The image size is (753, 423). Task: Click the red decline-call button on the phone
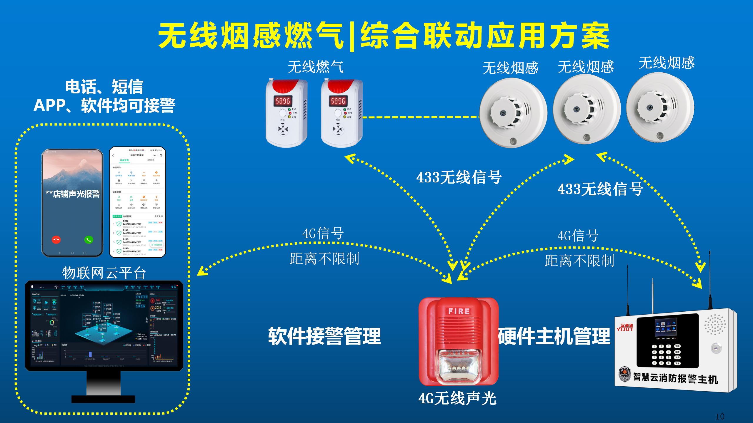(56, 240)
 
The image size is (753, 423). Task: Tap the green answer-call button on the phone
(89, 240)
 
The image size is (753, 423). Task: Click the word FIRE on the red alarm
(459, 311)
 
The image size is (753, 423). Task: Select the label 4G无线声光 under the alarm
(457, 399)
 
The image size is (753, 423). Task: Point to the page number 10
(720, 417)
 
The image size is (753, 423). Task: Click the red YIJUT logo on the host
(625, 328)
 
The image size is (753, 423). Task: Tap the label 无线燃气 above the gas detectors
(315, 67)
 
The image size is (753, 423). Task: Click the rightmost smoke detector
(660, 108)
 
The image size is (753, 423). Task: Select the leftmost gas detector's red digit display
(283, 101)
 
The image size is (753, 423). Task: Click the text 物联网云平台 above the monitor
(104, 273)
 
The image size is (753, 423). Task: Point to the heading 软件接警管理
(324, 336)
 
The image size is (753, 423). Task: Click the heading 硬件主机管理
(554, 336)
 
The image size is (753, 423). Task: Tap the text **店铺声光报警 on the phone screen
(73, 194)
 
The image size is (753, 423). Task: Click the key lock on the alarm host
(716, 348)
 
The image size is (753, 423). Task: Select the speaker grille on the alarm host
(716, 324)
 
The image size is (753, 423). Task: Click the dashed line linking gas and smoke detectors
(421, 117)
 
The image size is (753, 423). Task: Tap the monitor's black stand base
(103, 399)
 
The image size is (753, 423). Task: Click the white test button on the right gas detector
(338, 113)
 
